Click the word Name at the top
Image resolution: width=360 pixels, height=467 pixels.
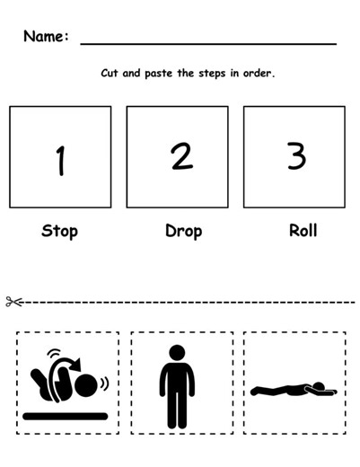click(x=44, y=37)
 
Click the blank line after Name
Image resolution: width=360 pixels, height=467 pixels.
click(x=208, y=43)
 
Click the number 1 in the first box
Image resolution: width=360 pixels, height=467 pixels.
click(x=60, y=161)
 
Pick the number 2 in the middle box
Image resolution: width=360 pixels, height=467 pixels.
click(x=181, y=157)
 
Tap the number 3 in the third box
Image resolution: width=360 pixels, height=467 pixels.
click(x=295, y=156)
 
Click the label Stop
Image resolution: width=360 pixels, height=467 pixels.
click(x=59, y=231)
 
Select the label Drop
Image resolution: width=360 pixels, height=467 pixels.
click(x=183, y=231)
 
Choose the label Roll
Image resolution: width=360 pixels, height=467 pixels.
click(x=303, y=230)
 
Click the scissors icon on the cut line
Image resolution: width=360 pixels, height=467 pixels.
click(x=13, y=302)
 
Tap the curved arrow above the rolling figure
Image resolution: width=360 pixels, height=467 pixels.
click(x=65, y=364)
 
